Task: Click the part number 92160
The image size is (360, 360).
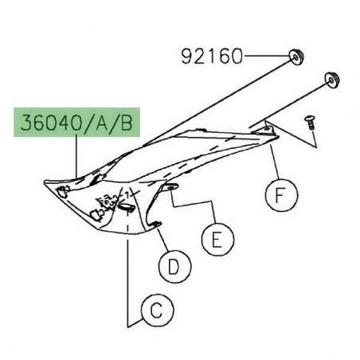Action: tap(212, 57)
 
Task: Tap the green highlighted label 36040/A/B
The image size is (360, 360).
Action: tap(76, 125)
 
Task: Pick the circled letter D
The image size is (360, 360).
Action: tap(173, 267)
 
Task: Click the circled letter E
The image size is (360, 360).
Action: tap(215, 237)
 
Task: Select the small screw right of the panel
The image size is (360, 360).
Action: tap(309, 121)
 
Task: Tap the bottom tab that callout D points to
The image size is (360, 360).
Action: tap(158, 224)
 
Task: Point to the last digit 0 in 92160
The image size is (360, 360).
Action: tap(235, 57)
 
